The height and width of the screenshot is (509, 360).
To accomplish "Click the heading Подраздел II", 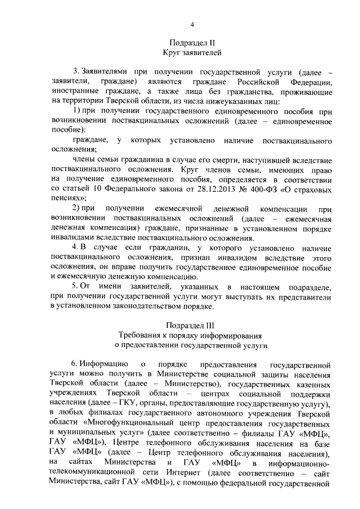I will [192, 43].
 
